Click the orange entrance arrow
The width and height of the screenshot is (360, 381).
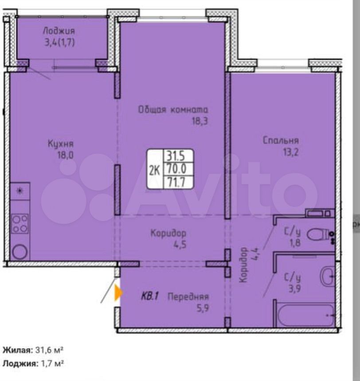[118, 293]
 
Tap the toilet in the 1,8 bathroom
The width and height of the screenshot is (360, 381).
[318, 234]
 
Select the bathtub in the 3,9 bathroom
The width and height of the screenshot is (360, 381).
[305, 315]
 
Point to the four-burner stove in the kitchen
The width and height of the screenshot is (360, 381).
[20, 224]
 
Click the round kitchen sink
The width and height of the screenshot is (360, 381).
[20, 252]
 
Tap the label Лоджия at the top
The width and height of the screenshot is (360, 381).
[59, 31]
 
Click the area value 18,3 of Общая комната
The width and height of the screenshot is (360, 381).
[200, 121]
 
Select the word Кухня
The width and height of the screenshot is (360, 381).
[61, 144]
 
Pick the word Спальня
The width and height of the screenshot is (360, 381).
[281, 140]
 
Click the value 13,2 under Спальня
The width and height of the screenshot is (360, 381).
[291, 152]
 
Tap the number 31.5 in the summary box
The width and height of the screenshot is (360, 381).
[176, 156]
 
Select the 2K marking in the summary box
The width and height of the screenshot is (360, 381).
[154, 171]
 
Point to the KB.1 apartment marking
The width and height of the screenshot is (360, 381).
[150, 296]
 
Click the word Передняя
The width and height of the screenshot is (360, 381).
[188, 296]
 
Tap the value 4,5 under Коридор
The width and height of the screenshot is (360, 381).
[180, 245]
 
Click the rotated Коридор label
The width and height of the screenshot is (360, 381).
[243, 265]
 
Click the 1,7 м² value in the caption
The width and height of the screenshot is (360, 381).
[52, 364]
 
